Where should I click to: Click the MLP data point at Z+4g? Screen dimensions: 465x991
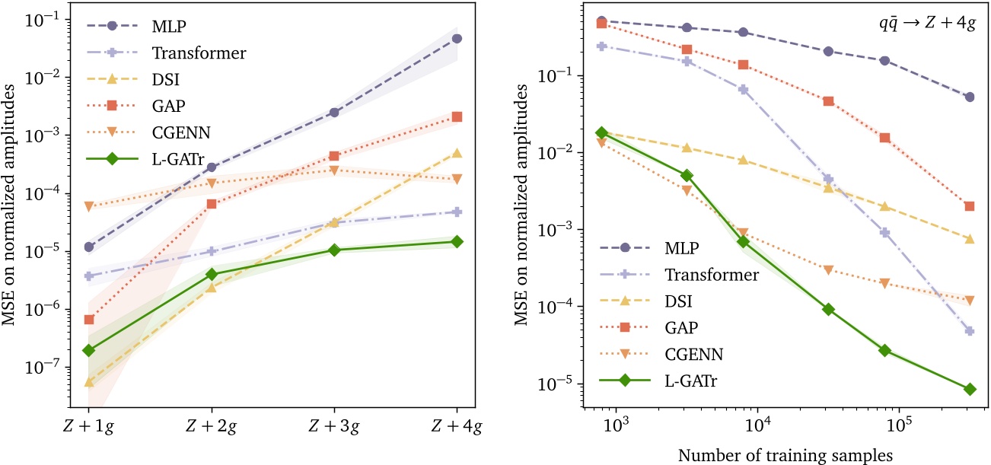point(457,38)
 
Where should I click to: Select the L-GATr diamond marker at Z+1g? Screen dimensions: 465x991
point(89,350)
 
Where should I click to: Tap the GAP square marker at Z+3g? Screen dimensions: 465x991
point(334,156)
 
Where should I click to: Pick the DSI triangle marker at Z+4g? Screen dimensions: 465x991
point(457,153)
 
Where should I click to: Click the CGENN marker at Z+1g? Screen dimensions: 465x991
point(89,206)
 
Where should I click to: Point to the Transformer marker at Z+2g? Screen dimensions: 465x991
point(212,251)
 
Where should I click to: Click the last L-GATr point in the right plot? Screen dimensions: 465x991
point(969,389)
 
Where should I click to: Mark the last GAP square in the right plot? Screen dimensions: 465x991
point(969,205)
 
